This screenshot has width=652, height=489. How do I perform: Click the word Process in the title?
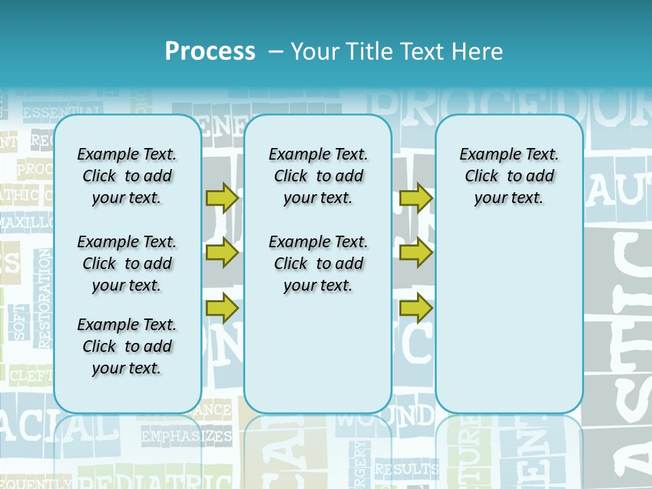(x=210, y=51)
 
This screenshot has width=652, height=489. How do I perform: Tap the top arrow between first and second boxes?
(x=222, y=198)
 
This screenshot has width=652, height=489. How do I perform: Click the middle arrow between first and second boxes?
(x=222, y=253)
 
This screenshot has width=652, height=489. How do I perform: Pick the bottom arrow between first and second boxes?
(x=222, y=308)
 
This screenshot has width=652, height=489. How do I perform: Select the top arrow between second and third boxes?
(x=416, y=198)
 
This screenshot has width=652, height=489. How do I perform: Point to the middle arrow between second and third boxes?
(x=416, y=253)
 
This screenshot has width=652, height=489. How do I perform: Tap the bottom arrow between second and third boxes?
(x=416, y=308)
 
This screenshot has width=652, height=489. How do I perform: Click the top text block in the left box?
(x=127, y=176)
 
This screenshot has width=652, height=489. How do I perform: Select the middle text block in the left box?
(x=127, y=264)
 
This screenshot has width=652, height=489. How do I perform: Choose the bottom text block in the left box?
(x=127, y=346)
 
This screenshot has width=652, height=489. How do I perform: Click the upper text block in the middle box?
(x=318, y=176)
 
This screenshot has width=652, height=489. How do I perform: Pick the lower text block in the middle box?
(x=318, y=264)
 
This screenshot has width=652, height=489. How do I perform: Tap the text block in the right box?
(x=509, y=176)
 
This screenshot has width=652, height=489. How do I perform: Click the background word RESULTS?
(x=406, y=469)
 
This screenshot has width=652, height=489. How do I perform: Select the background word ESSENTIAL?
(x=62, y=112)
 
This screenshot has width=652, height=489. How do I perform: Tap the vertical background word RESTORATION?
(x=45, y=299)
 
